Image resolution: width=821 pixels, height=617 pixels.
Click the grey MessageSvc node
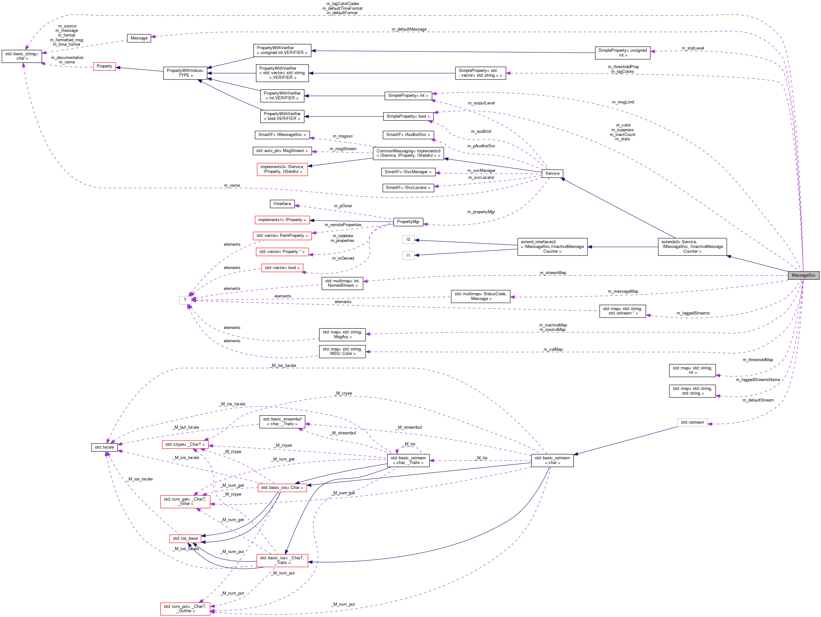coord(803,275)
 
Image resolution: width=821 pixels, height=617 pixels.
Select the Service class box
coord(552,173)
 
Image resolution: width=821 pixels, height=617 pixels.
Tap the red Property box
coord(104,67)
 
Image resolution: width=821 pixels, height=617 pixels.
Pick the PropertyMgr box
coord(408,222)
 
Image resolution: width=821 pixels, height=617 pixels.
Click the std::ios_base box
coord(185,538)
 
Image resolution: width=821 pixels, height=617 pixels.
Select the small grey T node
coord(185,300)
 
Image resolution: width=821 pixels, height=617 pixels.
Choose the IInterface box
coord(282,204)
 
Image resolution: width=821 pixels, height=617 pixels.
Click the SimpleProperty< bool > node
coord(408,116)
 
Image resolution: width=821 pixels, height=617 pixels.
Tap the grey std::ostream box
coord(692,422)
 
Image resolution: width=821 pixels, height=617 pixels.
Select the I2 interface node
coord(408,240)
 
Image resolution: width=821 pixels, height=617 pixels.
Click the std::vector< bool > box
coord(282,268)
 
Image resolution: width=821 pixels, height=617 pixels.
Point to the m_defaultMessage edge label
coord(409,29)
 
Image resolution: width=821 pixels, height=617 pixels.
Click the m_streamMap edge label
coord(553,273)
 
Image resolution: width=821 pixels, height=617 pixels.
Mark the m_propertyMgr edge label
coord(481,212)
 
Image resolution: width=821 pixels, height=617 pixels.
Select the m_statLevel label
coord(693,48)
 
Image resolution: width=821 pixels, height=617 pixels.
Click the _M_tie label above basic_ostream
coord(410,444)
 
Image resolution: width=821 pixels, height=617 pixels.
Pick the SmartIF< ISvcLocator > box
coord(408,188)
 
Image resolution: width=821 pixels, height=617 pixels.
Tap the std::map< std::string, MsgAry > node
coord(342,334)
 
